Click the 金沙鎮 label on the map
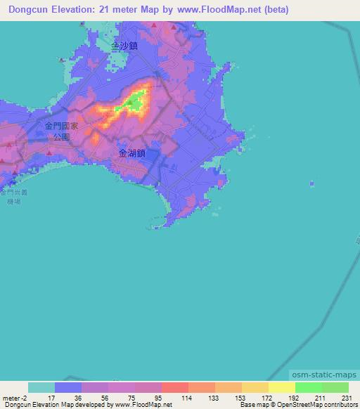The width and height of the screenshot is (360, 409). tap(124, 45)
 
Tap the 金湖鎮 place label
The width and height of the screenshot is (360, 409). tap(131, 152)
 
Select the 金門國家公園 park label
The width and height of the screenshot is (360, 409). tap(60, 131)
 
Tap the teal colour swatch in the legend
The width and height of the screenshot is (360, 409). tap(41, 387)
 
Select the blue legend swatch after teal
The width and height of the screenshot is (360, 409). tap(68, 387)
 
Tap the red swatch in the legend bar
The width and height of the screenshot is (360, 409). tap(175, 387)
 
